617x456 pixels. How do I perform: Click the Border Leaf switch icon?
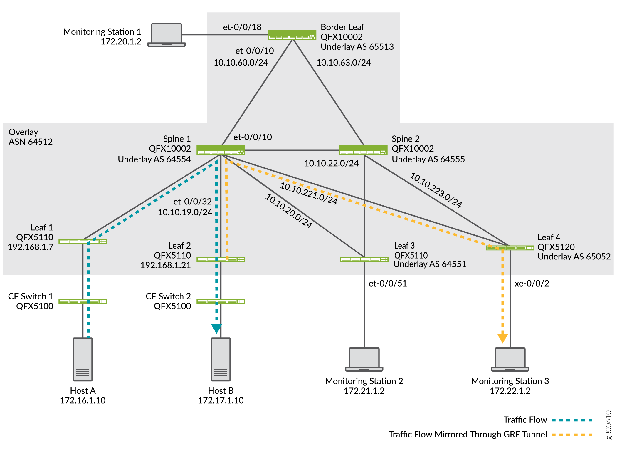click(292, 35)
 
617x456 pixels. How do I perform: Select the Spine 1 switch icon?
click(221, 150)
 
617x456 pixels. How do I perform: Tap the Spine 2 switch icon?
click(363, 150)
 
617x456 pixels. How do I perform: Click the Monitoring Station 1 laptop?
click(167, 35)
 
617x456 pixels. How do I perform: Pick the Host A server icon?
click(83, 359)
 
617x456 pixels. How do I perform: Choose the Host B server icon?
click(221, 359)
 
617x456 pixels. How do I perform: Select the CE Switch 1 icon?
click(83, 302)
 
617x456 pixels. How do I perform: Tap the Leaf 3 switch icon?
click(364, 259)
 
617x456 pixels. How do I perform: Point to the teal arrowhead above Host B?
click(216, 328)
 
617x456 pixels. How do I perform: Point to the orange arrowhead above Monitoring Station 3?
click(502, 338)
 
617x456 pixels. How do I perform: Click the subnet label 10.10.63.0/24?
click(344, 63)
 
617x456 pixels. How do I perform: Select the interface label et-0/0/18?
click(242, 27)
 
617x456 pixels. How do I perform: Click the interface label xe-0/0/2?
click(532, 283)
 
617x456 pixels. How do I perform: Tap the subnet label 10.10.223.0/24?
click(436, 190)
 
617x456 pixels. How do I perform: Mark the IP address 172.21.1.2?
click(364, 391)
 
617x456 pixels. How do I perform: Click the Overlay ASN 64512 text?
click(31, 137)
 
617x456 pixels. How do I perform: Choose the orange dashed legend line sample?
click(572, 435)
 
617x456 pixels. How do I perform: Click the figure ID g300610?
click(609, 425)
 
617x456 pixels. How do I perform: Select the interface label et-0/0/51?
click(388, 283)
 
